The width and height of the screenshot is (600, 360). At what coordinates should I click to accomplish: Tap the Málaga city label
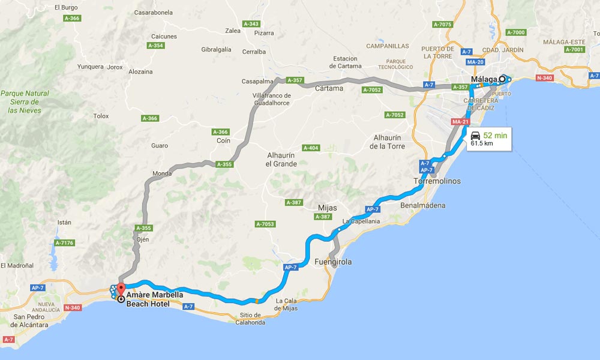[x=484, y=79]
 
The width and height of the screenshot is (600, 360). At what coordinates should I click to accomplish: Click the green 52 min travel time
[x=496, y=136]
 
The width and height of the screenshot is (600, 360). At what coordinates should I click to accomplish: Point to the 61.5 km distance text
[x=482, y=144]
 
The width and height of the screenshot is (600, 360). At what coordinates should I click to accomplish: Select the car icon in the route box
[x=476, y=135]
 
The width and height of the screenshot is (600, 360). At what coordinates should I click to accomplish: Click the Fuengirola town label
[x=333, y=262]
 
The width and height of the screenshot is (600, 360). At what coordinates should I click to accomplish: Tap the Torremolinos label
[x=436, y=181]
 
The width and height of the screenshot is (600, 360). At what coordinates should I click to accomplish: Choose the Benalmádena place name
[x=423, y=205]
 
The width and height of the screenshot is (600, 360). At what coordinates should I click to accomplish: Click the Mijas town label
[x=327, y=208]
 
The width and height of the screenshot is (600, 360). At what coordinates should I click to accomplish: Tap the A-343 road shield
[x=251, y=24]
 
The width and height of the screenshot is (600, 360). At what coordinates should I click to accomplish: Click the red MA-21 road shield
[x=460, y=122]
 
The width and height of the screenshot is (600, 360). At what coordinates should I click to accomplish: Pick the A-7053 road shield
[x=265, y=224]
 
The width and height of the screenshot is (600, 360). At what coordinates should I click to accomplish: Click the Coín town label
[x=223, y=141]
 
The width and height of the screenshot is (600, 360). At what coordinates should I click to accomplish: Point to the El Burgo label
[x=66, y=8]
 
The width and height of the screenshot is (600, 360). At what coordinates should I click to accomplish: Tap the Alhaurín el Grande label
[x=281, y=159]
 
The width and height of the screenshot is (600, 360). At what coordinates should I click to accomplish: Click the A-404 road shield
[x=311, y=148]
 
